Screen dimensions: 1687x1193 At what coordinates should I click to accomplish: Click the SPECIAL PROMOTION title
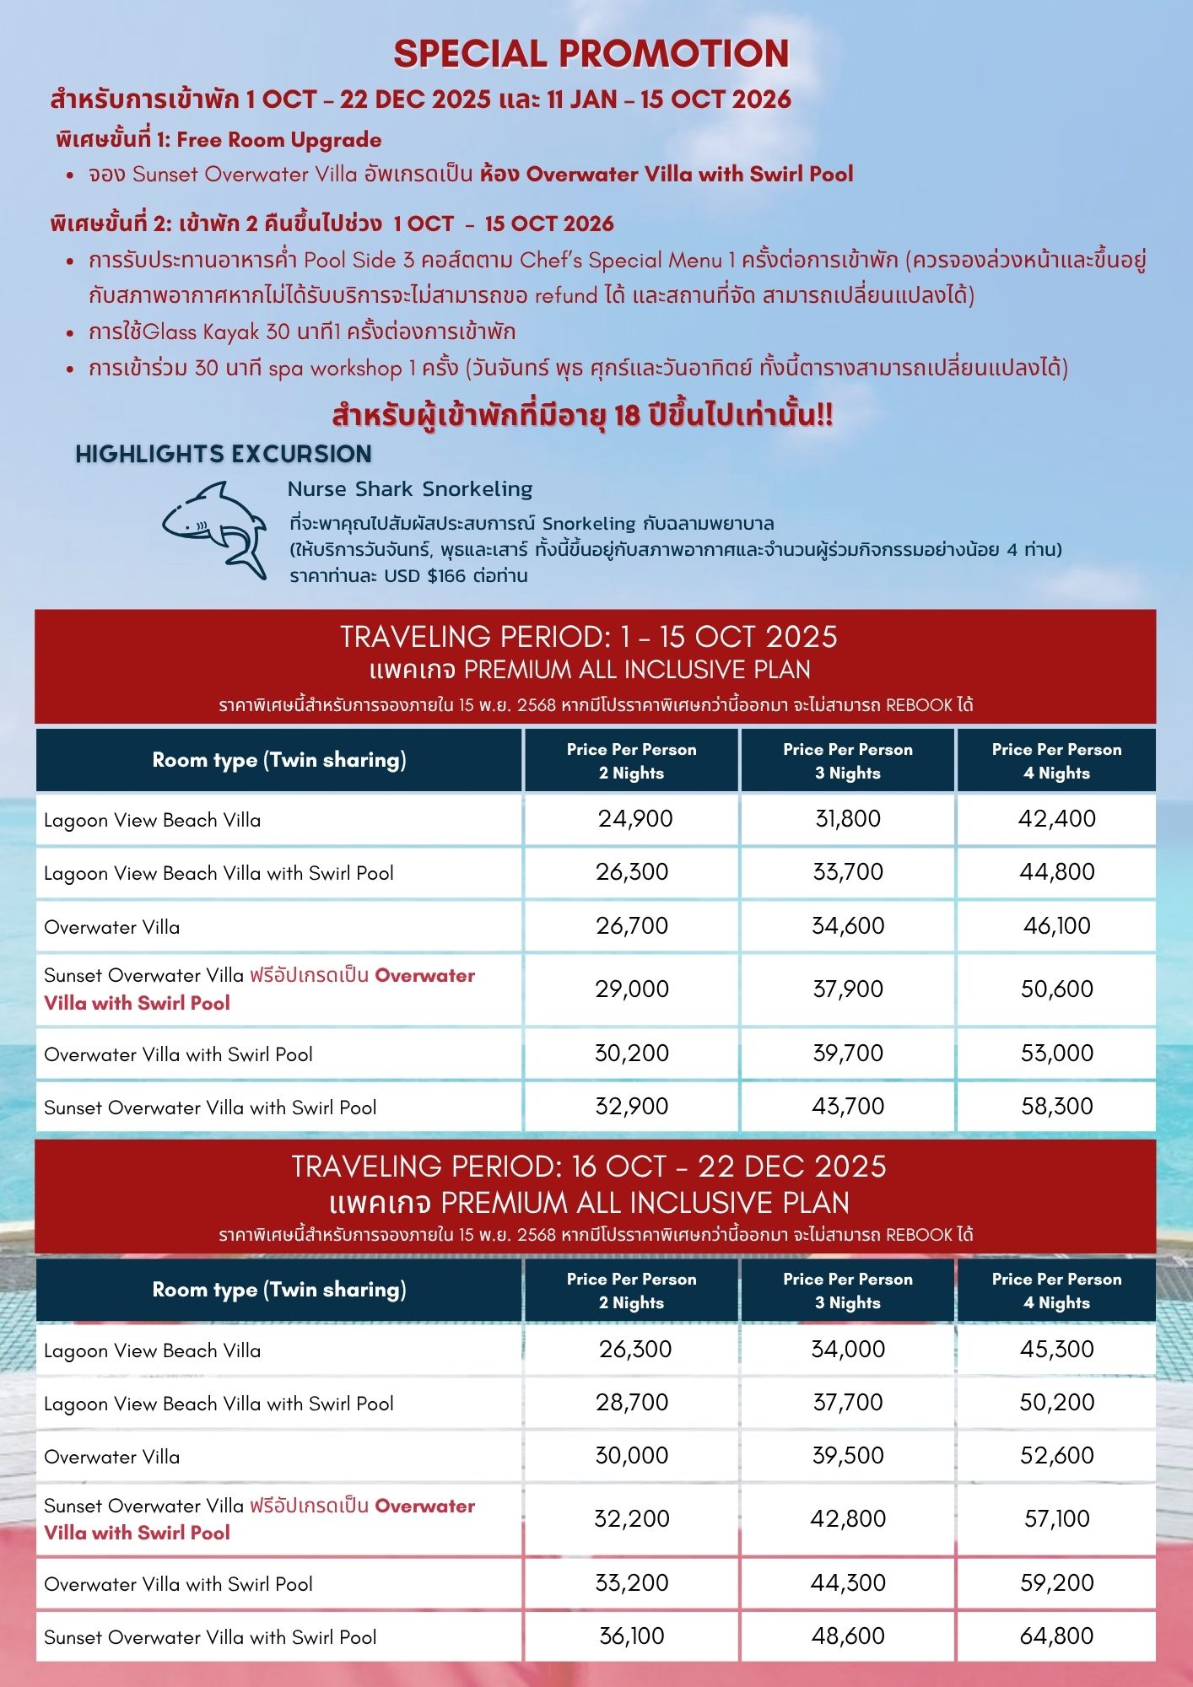[591, 54]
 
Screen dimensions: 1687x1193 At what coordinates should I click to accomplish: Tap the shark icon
[216, 528]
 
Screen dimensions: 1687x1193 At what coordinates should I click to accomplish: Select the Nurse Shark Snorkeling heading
[410, 489]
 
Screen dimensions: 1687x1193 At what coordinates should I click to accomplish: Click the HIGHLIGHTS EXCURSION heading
[224, 454]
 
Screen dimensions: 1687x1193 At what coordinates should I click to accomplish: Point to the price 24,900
[635, 819]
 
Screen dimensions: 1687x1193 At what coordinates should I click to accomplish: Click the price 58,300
[1056, 1106]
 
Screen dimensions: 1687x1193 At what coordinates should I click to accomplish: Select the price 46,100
[1056, 926]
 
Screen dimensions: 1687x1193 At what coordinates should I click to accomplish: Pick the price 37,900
[847, 989]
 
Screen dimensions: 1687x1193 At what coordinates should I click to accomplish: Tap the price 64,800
[1056, 1636]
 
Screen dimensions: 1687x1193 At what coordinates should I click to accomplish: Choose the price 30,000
[632, 1456]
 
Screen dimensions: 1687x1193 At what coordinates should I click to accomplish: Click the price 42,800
[847, 1518]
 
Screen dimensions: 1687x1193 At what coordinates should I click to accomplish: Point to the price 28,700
[632, 1403]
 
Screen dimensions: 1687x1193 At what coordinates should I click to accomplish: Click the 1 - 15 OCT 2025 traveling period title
[589, 637]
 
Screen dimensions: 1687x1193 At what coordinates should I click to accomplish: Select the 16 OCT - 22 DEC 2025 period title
[589, 1167]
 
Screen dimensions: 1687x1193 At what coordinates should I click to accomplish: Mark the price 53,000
[1056, 1053]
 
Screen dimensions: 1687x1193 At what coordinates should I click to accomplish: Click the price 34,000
[847, 1349]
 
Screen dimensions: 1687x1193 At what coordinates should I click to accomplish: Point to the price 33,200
[632, 1582]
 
